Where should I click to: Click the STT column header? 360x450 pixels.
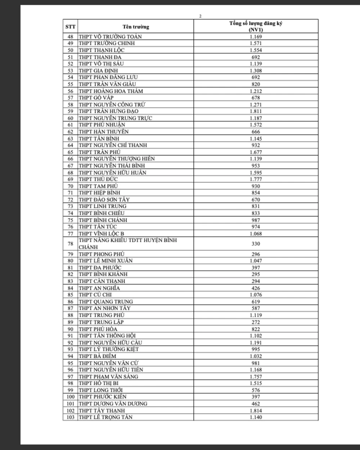click(70, 27)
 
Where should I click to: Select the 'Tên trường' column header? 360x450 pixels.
click(136, 27)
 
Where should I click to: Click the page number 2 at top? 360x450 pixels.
click(200, 16)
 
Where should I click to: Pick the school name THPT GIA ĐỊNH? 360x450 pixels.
click(98, 71)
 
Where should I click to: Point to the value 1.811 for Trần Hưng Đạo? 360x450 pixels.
click(256, 111)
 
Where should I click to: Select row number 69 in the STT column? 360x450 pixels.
click(70, 179)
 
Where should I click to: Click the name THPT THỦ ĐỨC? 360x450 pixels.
click(98, 179)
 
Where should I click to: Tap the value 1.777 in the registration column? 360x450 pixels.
click(256, 179)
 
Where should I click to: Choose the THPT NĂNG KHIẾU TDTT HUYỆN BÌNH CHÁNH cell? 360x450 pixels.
click(128, 244)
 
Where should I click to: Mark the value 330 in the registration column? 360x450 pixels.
click(256, 244)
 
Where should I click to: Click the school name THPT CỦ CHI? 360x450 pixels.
click(95, 294)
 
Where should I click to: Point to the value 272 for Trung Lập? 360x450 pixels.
click(256, 322)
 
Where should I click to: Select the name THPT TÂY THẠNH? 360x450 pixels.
click(102, 410)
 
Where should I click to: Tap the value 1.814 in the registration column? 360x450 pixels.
click(256, 410)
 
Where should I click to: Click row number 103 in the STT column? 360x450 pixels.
click(70, 417)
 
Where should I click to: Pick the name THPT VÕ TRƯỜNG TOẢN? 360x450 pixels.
click(110, 37)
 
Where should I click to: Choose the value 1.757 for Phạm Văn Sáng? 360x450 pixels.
click(256, 377)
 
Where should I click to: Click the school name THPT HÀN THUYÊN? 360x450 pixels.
click(104, 132)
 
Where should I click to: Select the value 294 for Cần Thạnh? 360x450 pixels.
click(256, 281)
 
